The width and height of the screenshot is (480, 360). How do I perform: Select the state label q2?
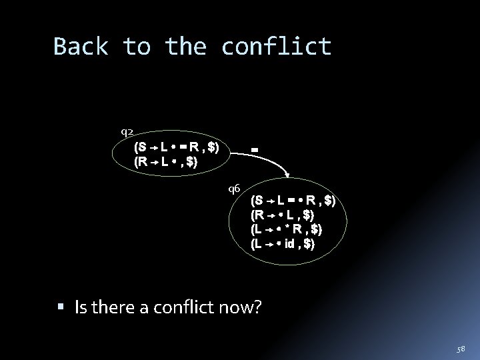126,131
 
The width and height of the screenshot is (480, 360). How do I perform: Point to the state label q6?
234,188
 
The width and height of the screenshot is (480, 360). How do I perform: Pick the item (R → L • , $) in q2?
166,161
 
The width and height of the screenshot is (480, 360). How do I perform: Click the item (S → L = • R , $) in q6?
293,200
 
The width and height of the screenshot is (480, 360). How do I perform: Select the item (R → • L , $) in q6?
283,215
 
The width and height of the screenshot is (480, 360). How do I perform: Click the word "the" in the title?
187,47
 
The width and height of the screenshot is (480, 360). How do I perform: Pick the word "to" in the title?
137,47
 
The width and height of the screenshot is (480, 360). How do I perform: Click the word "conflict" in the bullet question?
183,307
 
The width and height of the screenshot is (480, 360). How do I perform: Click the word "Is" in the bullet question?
82,307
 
